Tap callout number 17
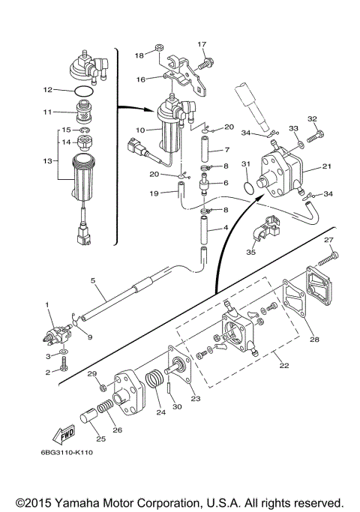tap(202, 44)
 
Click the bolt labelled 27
tap(327, 259)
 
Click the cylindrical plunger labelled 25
tap(88, 419)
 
